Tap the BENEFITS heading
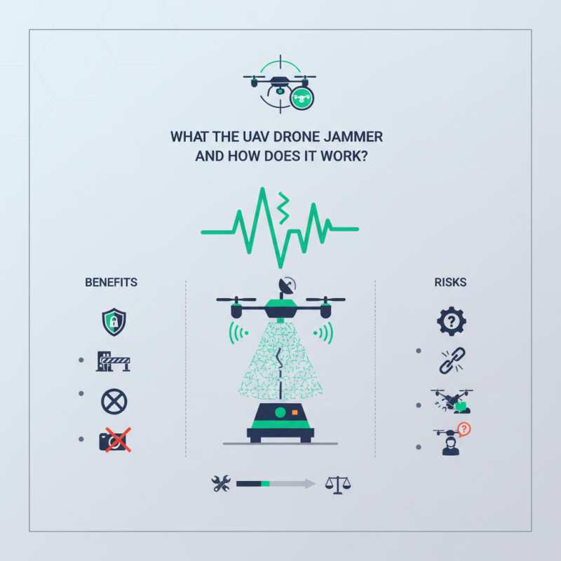click(111, 283)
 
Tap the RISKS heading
click(450, 283)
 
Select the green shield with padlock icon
click(113, 323)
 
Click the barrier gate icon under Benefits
click(114, 362)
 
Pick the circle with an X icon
click(113, 401)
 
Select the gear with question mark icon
click(451, 323)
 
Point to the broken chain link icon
click(450, 362)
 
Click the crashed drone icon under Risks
click(451, 401)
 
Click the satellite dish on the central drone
click(288, 285)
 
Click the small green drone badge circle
click(302, 98)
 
